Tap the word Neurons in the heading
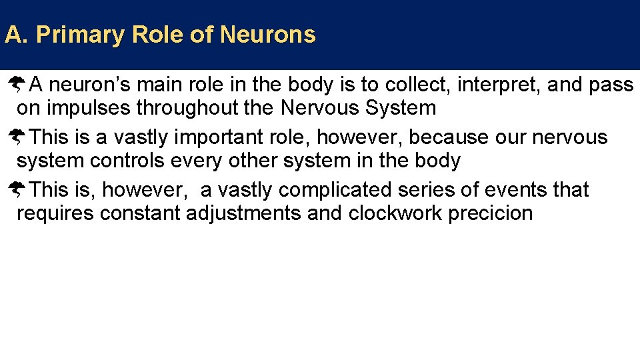(x=267, y=35)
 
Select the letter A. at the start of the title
(x=15, y=35)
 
